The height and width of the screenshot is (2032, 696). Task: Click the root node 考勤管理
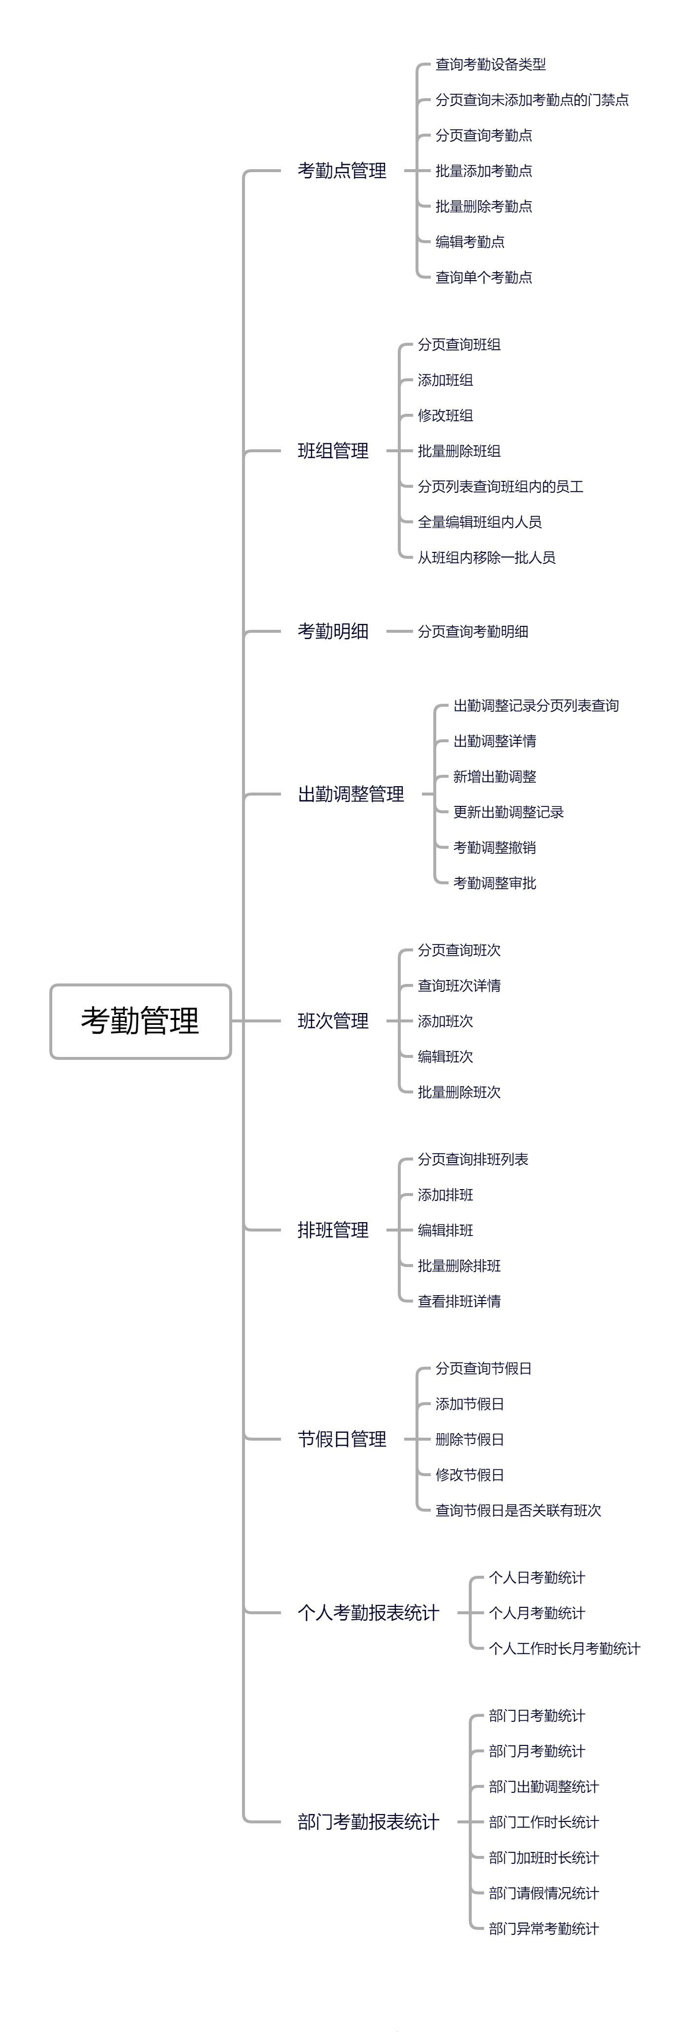tap(140, 1021)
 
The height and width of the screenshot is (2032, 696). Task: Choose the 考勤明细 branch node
tap(333, 631)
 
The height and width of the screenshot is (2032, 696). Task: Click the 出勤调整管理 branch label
tap(351, 795)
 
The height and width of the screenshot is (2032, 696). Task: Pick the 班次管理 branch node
tap(333, 1021)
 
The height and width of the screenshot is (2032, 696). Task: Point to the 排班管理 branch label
tap(333, 1230)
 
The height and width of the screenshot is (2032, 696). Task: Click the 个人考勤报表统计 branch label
tap(368, 1612)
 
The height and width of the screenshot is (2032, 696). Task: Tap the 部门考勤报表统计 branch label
tap(368, 1821)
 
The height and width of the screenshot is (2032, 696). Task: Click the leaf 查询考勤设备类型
tap(490, 65)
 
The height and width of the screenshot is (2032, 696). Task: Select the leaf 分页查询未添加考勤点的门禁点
tap(532, 100)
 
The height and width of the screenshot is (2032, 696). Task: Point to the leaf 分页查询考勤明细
tap(473, 631)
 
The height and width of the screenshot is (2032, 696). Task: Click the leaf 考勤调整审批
tap(494, 883)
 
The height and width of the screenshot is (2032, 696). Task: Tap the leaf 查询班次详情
tap(459, 985)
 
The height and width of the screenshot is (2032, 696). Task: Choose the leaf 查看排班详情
tap(459, 1301)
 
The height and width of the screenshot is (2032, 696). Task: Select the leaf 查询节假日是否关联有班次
tap(518, 1510)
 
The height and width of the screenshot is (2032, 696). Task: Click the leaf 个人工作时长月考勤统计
tap(564, 1648)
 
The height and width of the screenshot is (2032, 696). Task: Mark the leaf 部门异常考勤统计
tap(544, 1928)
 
